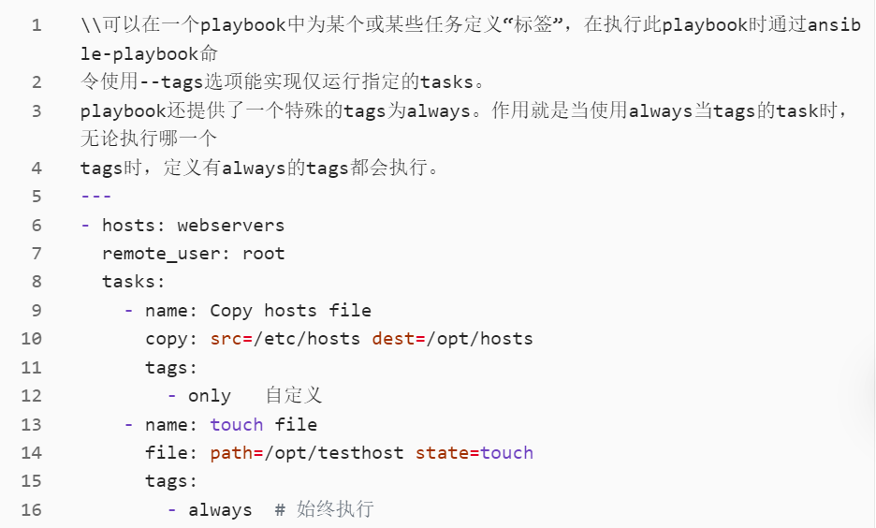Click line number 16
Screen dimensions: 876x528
click(x=31, y=510)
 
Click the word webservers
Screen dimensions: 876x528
click(x=230, y=226)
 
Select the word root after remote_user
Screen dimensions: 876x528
click(x=264, y=254)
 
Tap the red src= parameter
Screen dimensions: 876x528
click(x=226, y=339)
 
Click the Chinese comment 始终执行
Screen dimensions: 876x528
click(x=335, y=510)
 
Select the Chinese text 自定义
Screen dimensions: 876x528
click(x=294, y=396)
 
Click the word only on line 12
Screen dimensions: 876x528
click(x=210, y=396)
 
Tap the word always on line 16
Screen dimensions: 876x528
click(x=220, y=510)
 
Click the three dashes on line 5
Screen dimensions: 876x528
click(x=96, y=197)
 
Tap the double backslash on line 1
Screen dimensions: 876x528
click(x=91, y=25)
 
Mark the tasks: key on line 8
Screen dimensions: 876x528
click(x=133, y=282)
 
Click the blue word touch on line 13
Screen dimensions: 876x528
click(x=237, y=425)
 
